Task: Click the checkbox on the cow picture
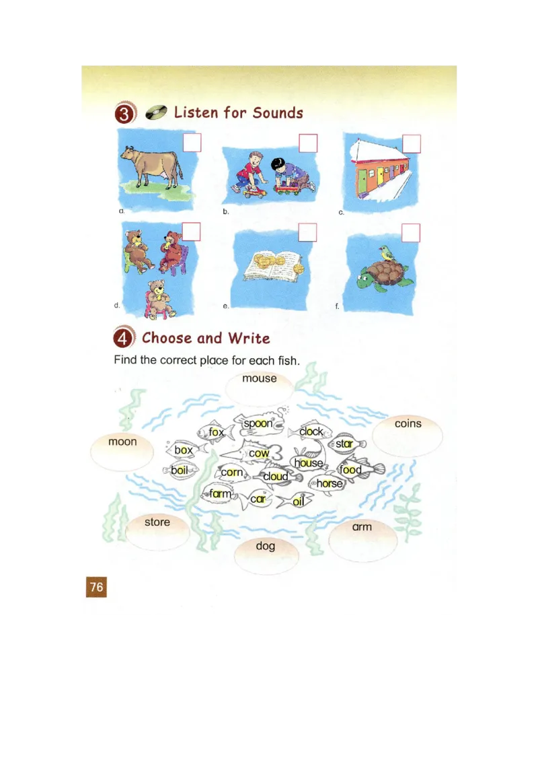(x=192, y=143)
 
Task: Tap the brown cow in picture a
(x=152, y=166)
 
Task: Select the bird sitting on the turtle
(x=385, y=254)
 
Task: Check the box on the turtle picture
(x=411, y=233)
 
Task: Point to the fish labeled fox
(x=215, y=432)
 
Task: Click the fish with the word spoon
(x=259, y=423)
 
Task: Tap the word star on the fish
(x=345, y=444)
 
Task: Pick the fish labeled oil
(x=298, y=501)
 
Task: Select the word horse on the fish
(x=330, y=483)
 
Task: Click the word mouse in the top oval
(x=260, y=378)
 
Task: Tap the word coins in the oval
(x=408, y=423)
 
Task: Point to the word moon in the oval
(x=122, y=442)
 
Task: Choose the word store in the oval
(x=157, y=522)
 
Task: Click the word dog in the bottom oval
(x=266, y=545)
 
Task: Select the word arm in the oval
(x=362, y=526)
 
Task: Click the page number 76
(x=97, y=587)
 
